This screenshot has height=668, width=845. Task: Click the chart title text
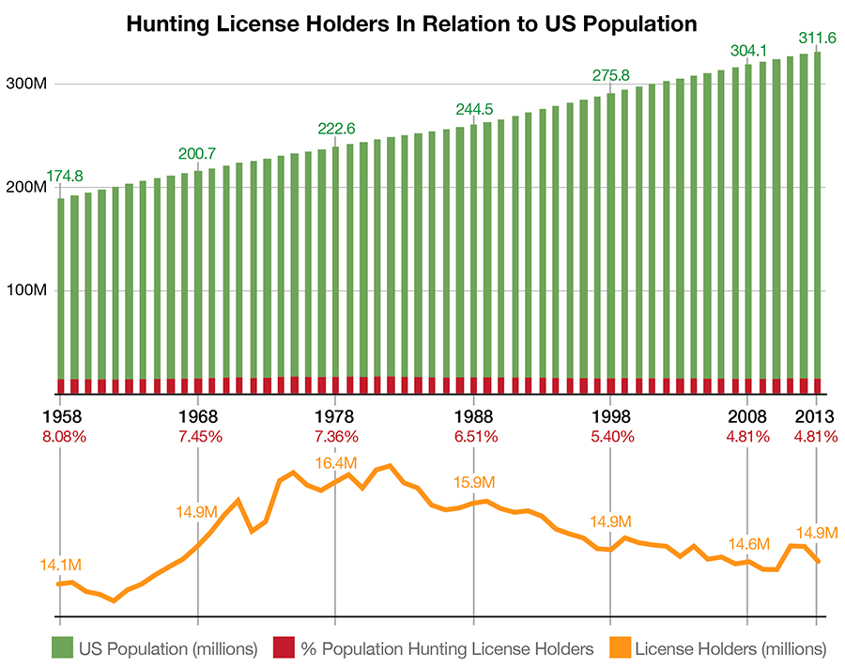click(x=412, y=23)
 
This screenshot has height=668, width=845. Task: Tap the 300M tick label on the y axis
click(x=26, y=85)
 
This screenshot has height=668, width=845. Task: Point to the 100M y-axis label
click(x=26, y=290)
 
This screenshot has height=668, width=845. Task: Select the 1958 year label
click(x=60, y=416)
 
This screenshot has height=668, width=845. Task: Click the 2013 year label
click(x=814, y=416)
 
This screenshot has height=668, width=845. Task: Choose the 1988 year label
click(x=473, y=416)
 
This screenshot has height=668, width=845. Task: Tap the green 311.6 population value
click(x=816, y=38)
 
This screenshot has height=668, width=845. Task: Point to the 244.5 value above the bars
click(x=475, y=109)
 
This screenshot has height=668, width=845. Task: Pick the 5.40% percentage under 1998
click(x=611, y=436)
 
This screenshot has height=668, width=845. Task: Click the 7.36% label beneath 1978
click(x=336, y=436)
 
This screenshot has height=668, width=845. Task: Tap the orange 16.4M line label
click(x=336, y=462)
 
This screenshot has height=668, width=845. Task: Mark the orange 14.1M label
click(x=60, y=565)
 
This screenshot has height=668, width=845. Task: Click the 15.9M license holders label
click(x=473, y=482)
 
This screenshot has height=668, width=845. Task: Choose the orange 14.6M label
click(x=748, y=544)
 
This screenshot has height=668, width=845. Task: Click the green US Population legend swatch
click(x=62, y=647)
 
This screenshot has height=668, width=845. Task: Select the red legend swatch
click(x=284, y=647)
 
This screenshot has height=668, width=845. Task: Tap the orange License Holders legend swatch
click(x=619, y=647)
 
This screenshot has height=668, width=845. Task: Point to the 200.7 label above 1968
click(x=198, y=152)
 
